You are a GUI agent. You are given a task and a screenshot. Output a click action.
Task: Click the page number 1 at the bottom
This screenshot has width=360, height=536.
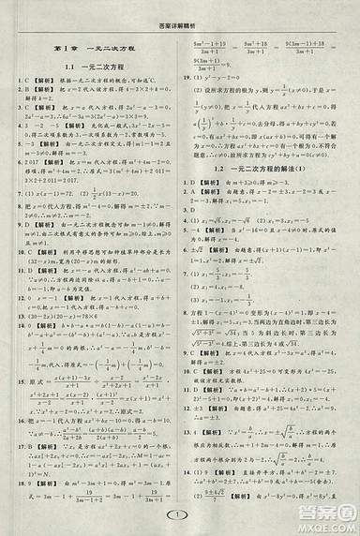(179, 517)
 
